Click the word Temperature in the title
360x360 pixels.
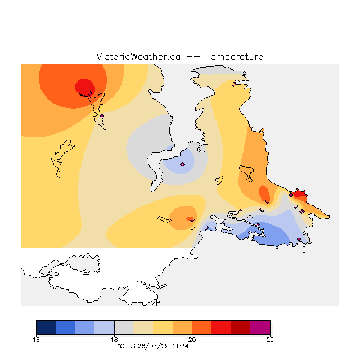234,56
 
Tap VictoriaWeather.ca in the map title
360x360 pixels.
138,56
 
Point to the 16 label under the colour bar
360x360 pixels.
36,340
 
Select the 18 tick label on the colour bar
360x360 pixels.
114,340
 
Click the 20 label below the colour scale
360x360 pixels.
192,340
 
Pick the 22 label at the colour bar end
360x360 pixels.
270,340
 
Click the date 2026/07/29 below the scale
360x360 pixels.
150,346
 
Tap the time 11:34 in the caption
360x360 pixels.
181,346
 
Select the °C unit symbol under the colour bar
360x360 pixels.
121,346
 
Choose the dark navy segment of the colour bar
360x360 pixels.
46,327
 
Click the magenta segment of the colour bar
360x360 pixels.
260,327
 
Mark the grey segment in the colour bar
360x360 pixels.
124,327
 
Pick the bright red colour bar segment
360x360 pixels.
221,327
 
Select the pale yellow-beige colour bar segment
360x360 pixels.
143,327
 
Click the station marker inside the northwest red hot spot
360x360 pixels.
90,93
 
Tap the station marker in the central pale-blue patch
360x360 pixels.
182,164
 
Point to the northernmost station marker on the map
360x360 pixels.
234,84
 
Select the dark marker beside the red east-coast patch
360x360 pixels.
291,195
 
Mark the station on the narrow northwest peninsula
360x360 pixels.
102,116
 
